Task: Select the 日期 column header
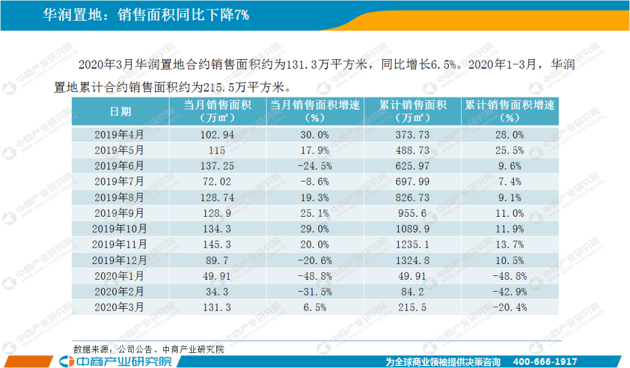tap(121, 112)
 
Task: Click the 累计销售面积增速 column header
tap(510, 112)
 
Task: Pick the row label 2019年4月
tap(120, 134)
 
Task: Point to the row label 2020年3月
tap(120, 307)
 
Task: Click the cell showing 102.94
tap(217, 134)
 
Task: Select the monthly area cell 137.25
tap(217, 166)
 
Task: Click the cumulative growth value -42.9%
tap(510, 291)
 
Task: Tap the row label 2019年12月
tap(120, 260)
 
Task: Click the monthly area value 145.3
tap(217, 244)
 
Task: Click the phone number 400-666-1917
tap(546, 362)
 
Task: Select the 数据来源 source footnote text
tap(148, 348)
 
